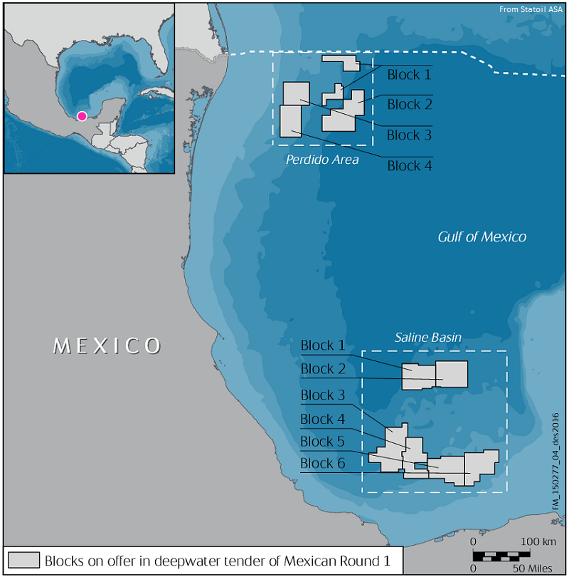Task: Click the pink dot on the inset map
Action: [82, 115]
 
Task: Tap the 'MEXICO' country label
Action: [107, 346]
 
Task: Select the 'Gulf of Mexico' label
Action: [482, 236]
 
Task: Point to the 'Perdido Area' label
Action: [322, 160]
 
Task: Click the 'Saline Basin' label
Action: [428, 337]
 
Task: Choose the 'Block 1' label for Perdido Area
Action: [409, 74]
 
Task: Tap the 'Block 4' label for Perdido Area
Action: [409, 166]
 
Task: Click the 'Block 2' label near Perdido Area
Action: [409, 105]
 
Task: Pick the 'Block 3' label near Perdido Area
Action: [409, 135]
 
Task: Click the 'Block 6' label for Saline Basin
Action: [322, 464]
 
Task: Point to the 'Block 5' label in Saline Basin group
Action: [322, 442]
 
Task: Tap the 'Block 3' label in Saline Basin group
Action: [322, 395]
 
